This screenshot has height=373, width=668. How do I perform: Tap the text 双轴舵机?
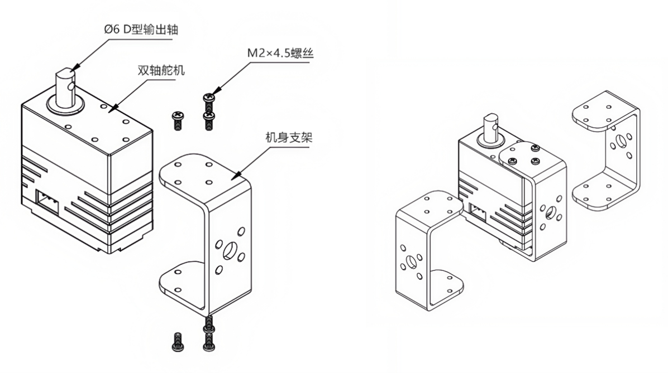point(161,71)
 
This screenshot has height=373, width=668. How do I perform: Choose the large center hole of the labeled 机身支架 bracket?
point(230,251)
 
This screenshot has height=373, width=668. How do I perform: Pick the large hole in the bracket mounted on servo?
point(552,212)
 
